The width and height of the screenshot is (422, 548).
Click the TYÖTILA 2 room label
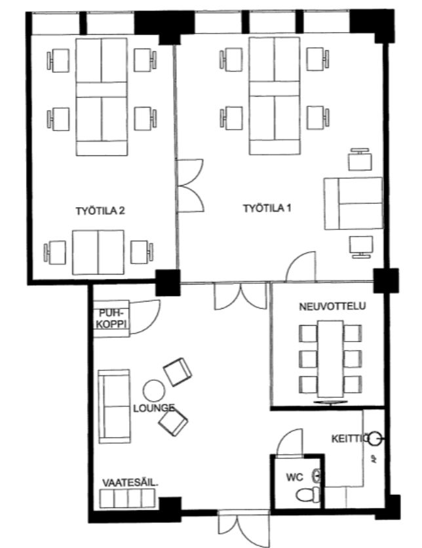tap(100, 211)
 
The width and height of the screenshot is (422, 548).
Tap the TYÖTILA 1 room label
tap(267, 208)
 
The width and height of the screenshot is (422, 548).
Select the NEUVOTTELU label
tap(332, 307)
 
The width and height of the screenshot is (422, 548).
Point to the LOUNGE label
tap(154, 408)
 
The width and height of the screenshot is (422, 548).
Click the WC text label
tap(294, 477)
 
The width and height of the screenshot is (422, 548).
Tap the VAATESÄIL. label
tap(130, 483)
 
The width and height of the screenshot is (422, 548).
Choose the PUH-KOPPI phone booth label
tap(111, 319)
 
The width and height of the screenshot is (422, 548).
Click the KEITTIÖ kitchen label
tap(350, 439)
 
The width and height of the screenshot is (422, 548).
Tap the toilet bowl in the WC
tap(307, 495)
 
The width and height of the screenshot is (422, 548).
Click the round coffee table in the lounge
tap(154, 391)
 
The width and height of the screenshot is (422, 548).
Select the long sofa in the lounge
tap(114, 406)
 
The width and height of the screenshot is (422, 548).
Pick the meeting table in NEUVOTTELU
tap(330, 359)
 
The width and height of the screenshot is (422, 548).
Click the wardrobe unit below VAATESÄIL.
tap(127, 498)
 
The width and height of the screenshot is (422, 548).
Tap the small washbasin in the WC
tap(317, 476)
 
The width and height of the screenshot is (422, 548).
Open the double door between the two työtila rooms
tap(191, 186)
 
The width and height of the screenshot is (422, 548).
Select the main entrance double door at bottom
tap(244, 528)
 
